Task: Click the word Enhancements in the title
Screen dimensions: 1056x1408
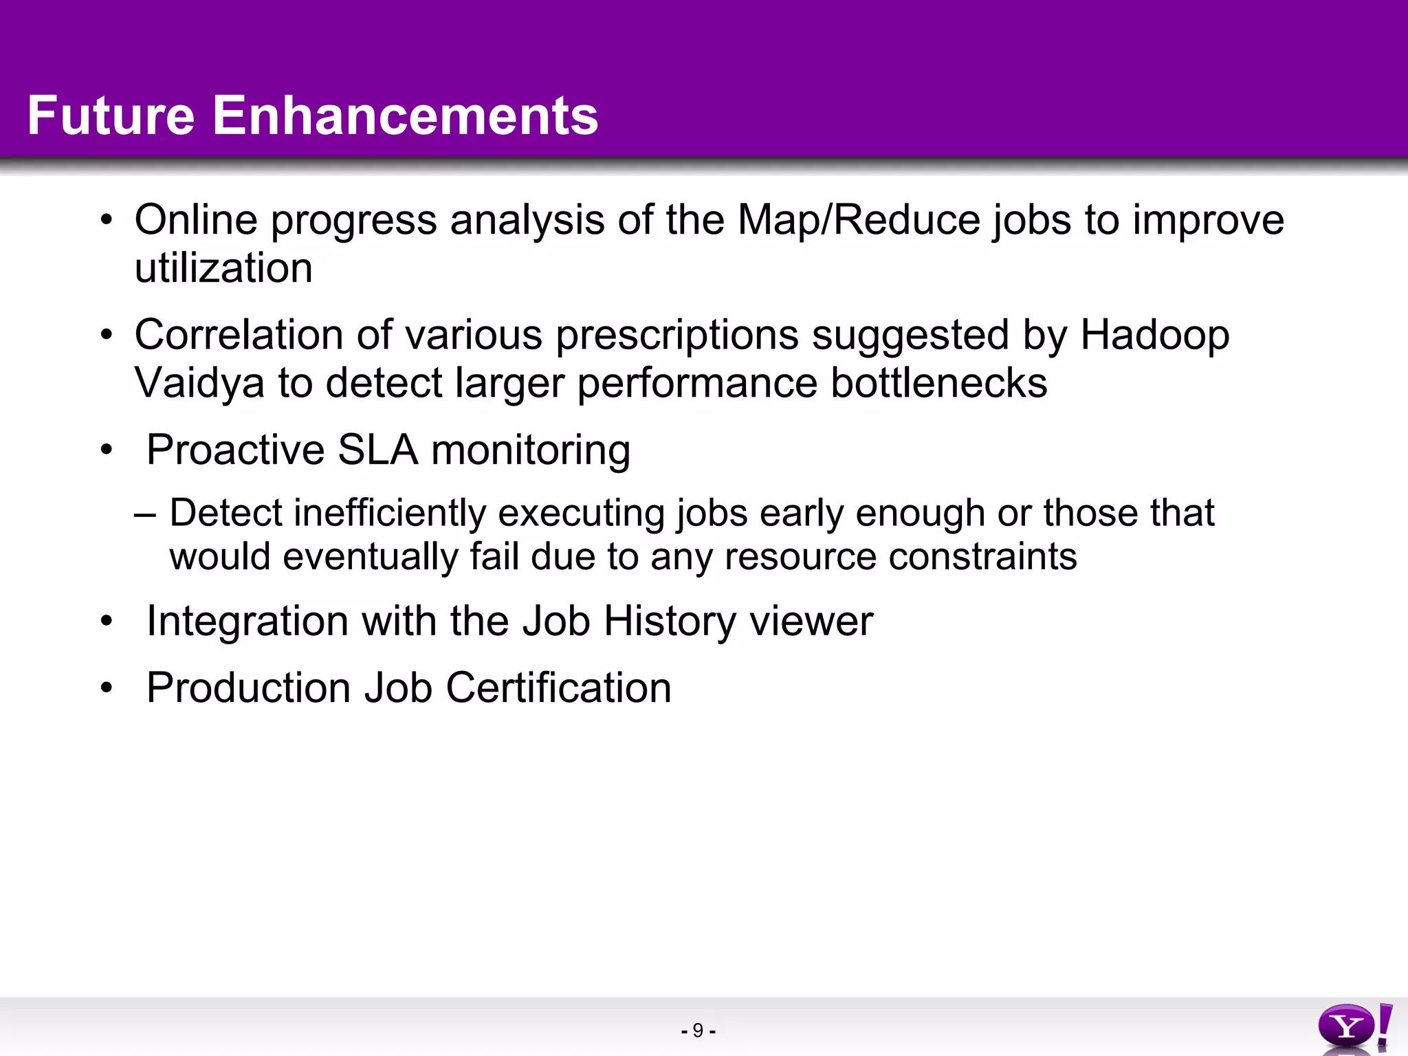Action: click(x=406, y=115)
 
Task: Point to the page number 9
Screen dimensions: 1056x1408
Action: click(x=698, y=1031)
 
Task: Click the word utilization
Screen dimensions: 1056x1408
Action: click(x=223, y=268)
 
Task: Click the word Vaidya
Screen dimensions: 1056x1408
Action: click(x=199, y=384)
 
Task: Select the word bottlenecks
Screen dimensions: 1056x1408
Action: click(x=939, y=383)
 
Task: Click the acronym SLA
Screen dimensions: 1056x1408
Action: click(x=377, y=450)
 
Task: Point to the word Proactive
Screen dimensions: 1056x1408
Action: click(x=235, y=450)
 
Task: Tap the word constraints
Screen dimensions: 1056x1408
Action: click(x=982, y=556)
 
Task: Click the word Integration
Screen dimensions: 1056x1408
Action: click(x=247, y=622)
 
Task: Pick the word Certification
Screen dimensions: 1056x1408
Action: click(x=558, y=688)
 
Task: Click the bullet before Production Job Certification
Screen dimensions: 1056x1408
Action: click(x=106, y=688)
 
